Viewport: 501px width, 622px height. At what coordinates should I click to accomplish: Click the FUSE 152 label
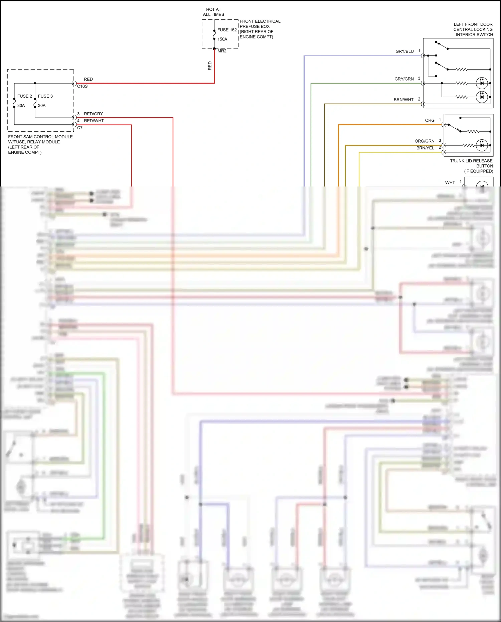[227, 30]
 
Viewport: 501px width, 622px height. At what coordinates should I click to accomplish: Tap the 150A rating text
[222, 39]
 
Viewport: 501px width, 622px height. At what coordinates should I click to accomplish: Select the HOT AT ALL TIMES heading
[213, 12]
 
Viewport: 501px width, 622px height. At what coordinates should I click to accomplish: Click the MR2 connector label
[222, 51]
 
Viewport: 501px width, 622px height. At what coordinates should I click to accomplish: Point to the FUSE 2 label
[24, 96]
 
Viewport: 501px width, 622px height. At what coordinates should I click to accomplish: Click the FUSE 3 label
[45, 96]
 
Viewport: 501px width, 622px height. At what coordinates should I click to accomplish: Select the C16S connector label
[82, 86]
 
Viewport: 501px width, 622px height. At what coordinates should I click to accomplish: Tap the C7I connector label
[80, 128]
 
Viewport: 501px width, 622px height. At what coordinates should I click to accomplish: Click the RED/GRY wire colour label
[93, 114]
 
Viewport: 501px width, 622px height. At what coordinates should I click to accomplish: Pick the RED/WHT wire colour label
[94, 121]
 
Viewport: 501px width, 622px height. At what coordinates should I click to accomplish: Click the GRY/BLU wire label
[404, 51]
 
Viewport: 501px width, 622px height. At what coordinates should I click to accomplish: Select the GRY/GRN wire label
[404, 79]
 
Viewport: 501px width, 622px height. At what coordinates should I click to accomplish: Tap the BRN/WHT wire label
[403, 100]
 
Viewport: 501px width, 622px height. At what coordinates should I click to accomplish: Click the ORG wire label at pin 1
[430, 120]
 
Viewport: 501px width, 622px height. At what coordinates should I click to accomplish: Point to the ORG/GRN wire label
[424, 141]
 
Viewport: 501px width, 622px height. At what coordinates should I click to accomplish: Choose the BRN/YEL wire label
[425, 148]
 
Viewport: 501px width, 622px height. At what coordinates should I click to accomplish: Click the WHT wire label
[450, 182]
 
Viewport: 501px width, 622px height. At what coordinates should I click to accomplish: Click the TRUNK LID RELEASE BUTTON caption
[471, 166]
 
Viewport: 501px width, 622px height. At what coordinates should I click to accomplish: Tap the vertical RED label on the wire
[210, 66]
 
